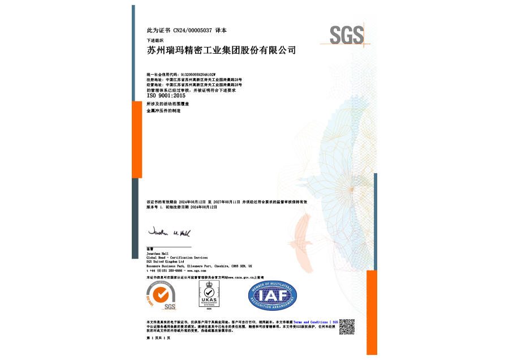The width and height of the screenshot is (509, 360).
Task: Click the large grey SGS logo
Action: click(346, 35)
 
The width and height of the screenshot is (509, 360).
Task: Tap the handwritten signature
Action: click(169, 232)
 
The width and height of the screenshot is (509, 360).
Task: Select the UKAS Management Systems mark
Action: click(209, 295)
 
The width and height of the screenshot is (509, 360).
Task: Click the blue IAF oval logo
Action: click(273, 295)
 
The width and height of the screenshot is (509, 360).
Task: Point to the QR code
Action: click(347, 327)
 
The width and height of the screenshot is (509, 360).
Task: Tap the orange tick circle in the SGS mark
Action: click(161, 294)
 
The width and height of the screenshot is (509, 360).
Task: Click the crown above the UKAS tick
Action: click(209, 284)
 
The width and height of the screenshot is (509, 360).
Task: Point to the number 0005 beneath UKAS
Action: click(209, 308)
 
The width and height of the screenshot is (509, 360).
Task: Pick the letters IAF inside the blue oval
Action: click(273, 296)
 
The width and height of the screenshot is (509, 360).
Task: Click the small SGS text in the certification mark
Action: click(169, 306)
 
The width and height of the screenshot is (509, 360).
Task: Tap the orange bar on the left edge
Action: click(137, 139)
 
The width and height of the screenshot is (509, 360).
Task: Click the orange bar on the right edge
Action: click(372, 312)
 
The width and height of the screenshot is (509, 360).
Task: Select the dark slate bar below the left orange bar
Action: click(135, 218)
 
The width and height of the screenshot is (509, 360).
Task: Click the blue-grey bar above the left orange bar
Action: click(133, 53)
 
